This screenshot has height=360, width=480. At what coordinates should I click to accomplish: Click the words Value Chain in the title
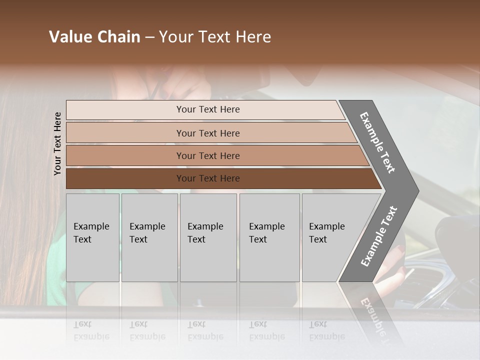tap(94, 37)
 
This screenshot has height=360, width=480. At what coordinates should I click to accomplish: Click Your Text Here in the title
tap(215, 37)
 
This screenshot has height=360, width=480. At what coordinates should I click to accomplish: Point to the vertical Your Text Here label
tap(57, 144)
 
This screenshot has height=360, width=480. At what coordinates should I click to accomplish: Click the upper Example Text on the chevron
tap(378, 142)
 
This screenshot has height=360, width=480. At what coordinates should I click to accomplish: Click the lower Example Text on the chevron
tap(379, 236)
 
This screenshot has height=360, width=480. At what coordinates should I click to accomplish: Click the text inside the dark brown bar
tap(208, 178)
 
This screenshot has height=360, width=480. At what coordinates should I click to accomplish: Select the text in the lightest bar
tap(208, 109)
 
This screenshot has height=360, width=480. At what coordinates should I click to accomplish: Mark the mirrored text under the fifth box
tap(326, 330)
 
